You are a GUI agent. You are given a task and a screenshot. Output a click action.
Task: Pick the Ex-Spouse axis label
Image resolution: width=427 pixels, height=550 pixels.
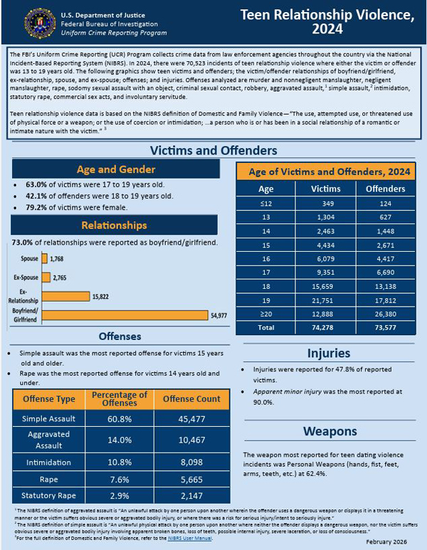point(26,277)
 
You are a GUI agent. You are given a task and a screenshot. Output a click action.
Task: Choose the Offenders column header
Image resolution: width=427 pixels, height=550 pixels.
point(385,189)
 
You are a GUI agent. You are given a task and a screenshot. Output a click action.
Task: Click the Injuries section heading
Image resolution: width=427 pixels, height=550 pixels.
point(329,353)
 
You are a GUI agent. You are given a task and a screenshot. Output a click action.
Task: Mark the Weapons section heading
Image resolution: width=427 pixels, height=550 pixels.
point(329,431)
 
